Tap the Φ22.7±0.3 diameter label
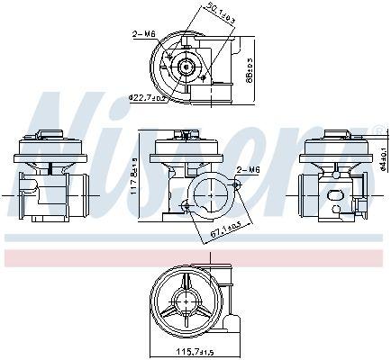pos(145,97)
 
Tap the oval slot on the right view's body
pos(340,194)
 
